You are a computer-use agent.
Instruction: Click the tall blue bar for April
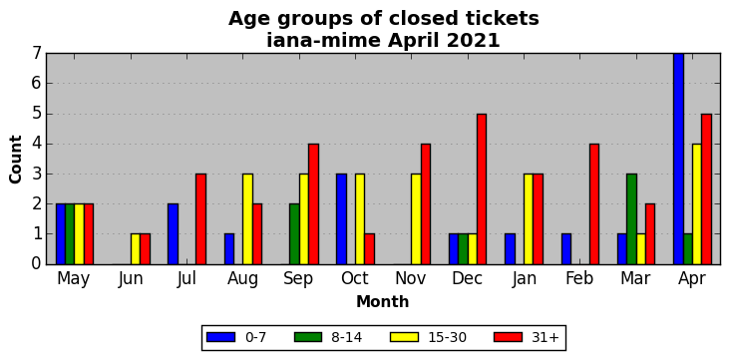coord(678,159)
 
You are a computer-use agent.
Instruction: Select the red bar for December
coord(482,188)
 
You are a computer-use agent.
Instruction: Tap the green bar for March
coord(631,218)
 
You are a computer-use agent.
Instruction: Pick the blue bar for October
coord(341,218)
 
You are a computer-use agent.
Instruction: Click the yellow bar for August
coord(247,218)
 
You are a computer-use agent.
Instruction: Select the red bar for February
coord(594,204)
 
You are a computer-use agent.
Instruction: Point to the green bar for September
coord(294,233)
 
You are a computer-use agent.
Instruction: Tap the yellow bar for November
coord(416,218)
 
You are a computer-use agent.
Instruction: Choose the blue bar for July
coord(173,233)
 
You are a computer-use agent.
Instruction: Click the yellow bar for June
coord(136,249)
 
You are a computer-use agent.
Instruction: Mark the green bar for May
coord(70,233)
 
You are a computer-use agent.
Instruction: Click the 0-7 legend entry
coord(236,337)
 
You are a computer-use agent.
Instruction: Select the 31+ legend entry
coord(527,337)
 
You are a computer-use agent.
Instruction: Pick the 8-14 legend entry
coord(328,337)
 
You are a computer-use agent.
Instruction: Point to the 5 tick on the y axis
coord(37,114)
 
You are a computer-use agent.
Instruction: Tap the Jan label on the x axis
coord(524,278)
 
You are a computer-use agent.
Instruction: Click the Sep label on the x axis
coord(298,279)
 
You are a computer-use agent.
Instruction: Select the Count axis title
coord(15,160)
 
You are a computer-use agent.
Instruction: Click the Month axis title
coord(383,302)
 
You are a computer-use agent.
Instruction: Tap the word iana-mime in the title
coord(323,41)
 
